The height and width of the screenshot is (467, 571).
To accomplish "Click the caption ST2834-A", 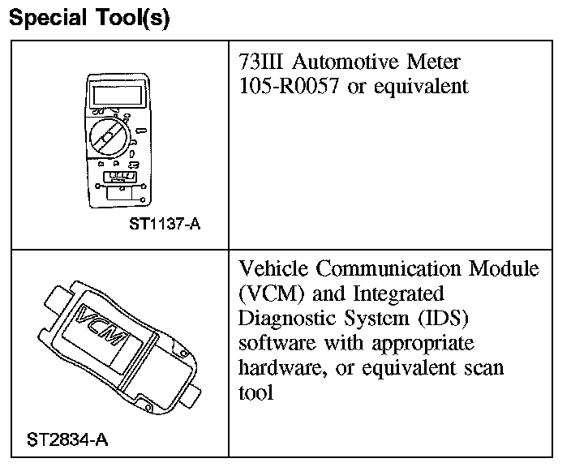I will coord(68,440).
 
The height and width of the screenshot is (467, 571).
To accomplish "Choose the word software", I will coord(276,343).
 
